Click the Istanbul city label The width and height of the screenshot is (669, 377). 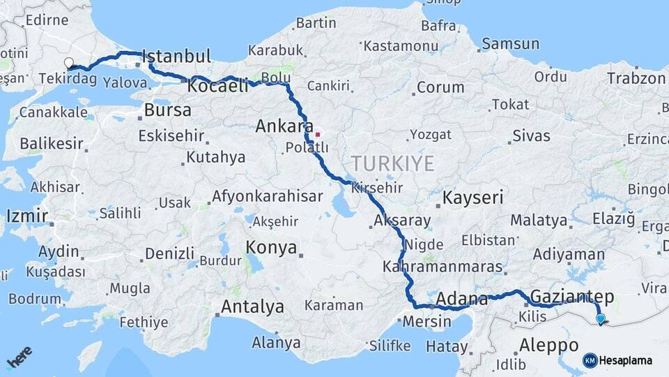(x=176, y=57)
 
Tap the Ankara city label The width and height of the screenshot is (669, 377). (x=284, y=126)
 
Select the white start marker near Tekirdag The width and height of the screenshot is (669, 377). (x=69, y=63)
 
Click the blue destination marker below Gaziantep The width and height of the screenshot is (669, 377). (x=601, y=319)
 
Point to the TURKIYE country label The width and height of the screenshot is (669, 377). (x=392, y=163)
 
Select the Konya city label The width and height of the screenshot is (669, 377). (x=271, y=248)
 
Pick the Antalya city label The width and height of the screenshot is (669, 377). (x=252, y=306)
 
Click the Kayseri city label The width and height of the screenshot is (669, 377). (x=473, y=198)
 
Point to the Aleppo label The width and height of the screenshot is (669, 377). (x=548, y=345)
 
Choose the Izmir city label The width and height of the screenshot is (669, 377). (x=27, y=216)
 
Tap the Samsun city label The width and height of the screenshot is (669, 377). (x=511, y=44)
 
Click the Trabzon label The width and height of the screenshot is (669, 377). (x=636, y=78)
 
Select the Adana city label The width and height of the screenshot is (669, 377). (x=461, y=300)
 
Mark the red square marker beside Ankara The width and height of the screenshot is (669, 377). (x=318, y=134)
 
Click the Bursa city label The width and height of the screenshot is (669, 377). (x=167, y=110)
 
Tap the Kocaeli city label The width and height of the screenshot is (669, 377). (x=218, y=86)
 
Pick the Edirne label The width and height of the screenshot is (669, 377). (x=46, y=20)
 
